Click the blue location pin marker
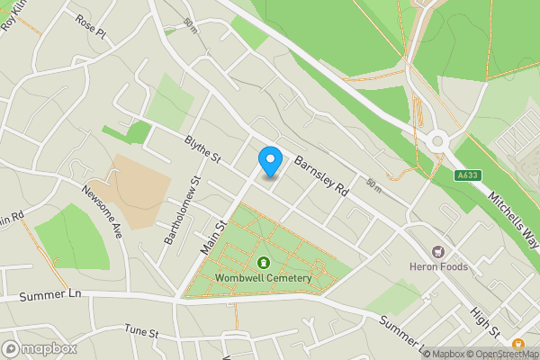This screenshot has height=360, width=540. [270, 160]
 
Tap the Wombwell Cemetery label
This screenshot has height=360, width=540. [264, 278]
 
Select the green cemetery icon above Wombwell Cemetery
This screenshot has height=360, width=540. [264, 263]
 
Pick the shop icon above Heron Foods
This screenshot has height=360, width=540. [439, 253]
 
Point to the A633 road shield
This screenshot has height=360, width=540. [466, 175]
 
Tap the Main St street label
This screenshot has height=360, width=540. [218, 237]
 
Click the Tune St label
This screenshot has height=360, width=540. [141, 332]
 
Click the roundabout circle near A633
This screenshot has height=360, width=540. [439, 139]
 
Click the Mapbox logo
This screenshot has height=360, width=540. [40, 348]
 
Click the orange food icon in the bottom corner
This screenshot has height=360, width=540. [519, 343]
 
